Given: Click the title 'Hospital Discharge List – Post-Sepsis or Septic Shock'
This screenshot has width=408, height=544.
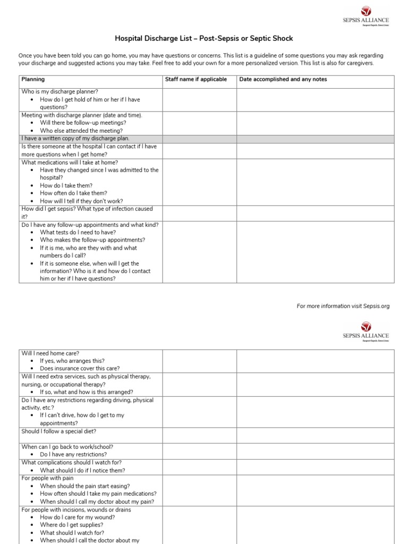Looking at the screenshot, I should pyautogui.click(x=204, y=39).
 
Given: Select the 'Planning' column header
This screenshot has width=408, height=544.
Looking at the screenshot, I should pyautogui.click(x=33, y=80).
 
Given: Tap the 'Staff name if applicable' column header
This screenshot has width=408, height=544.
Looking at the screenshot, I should pyautogui.click(x=196, y=80).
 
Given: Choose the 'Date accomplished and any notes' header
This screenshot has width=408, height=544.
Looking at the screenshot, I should pyautogui.click(x=283, y=80).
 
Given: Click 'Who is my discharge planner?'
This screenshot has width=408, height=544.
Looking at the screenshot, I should pyautogui.click(x=59, y=91).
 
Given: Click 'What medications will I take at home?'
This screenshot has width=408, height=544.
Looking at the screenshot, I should pyautogui.click(x=70, y=163).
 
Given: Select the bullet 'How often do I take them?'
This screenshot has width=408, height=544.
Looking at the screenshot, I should pyautogui.click(x=73, y=193).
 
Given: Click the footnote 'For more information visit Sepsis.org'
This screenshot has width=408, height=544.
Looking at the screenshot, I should pyautogui.click(x=343, y=307).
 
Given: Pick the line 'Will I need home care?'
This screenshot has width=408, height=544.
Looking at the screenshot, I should pyautogui.click(x=50, y=353).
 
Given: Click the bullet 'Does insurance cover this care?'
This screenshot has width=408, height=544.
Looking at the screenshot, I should pyautogui.click(x=80, y=368).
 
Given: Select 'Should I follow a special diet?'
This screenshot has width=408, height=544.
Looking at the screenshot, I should pyautogui.click(x=58, y=431).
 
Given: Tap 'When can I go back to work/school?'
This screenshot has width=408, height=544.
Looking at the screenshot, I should pyautogui.click(x=67, y=447).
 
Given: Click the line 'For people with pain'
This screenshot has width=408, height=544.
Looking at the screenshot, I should pyautogui.click(x=47, y=478).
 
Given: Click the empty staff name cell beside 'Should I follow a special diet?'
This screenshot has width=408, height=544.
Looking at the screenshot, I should pyautogui.click(x=199, y=435).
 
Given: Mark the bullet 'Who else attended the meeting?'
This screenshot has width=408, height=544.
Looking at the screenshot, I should pyautogui.click(x=81, y=131).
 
